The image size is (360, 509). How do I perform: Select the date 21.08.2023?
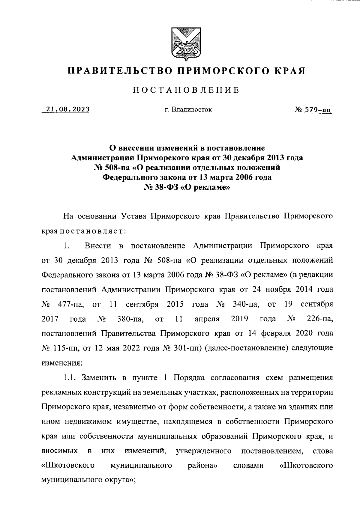click(x=66, y=109)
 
